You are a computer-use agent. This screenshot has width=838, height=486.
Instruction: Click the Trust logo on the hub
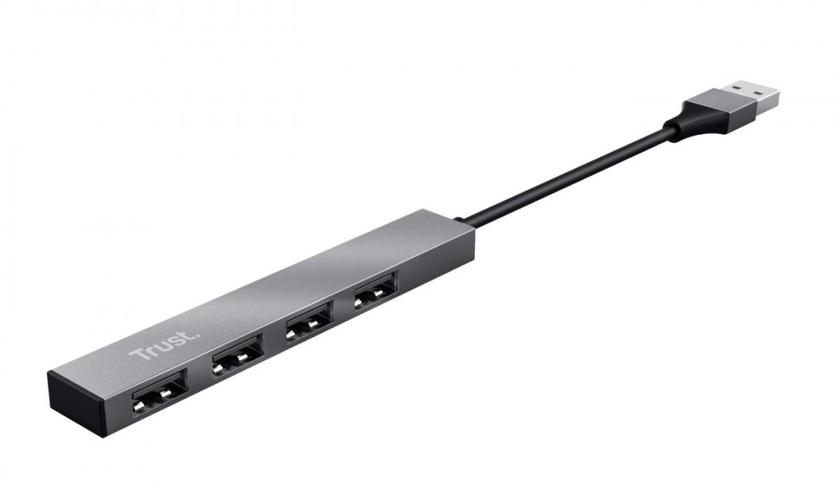(155, 345)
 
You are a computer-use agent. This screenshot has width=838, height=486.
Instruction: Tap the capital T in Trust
(137, 352)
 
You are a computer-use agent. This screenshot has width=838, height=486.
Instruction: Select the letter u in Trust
(155, 345)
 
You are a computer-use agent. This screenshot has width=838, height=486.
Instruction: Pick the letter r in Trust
(146, 348)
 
